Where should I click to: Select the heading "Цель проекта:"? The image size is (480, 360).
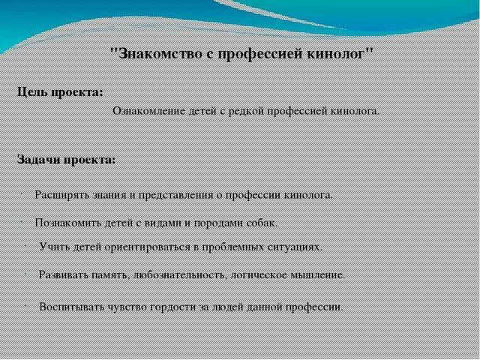click(x=61, y=92)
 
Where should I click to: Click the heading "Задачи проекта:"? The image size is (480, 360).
click(x=66, y=160)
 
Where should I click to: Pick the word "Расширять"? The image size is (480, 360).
click(x=60, y=194)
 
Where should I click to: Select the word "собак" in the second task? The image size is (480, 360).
click(x=260, y=223)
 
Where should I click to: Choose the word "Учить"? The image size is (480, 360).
click(x=52, y=246)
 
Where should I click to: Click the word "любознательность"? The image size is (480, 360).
click(x=169, y=274)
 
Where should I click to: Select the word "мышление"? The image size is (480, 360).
click(x=318, y=274)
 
